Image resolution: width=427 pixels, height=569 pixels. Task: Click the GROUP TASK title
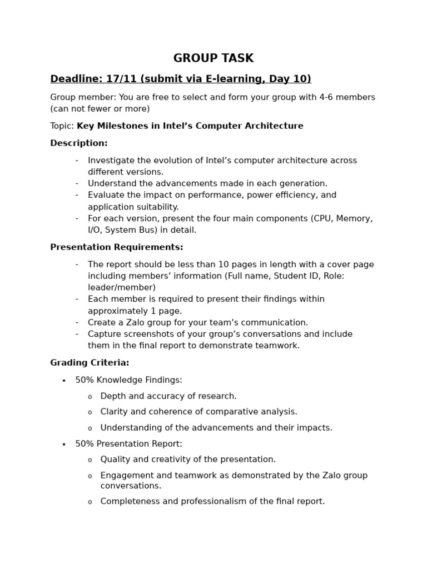coord(213,58)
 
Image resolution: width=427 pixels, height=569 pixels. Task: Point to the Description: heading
coord(79,143)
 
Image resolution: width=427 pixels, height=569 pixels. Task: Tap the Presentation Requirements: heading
coord(117,247)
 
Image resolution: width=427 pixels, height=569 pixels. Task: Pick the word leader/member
coord(122,287)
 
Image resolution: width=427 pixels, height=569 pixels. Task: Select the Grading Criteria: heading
coord(90,363)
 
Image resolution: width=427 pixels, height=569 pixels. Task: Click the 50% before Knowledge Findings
coord(85,380)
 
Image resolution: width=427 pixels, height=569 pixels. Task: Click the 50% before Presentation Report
coord(85,444)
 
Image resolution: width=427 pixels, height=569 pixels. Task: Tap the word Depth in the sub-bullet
coord(113,396)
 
